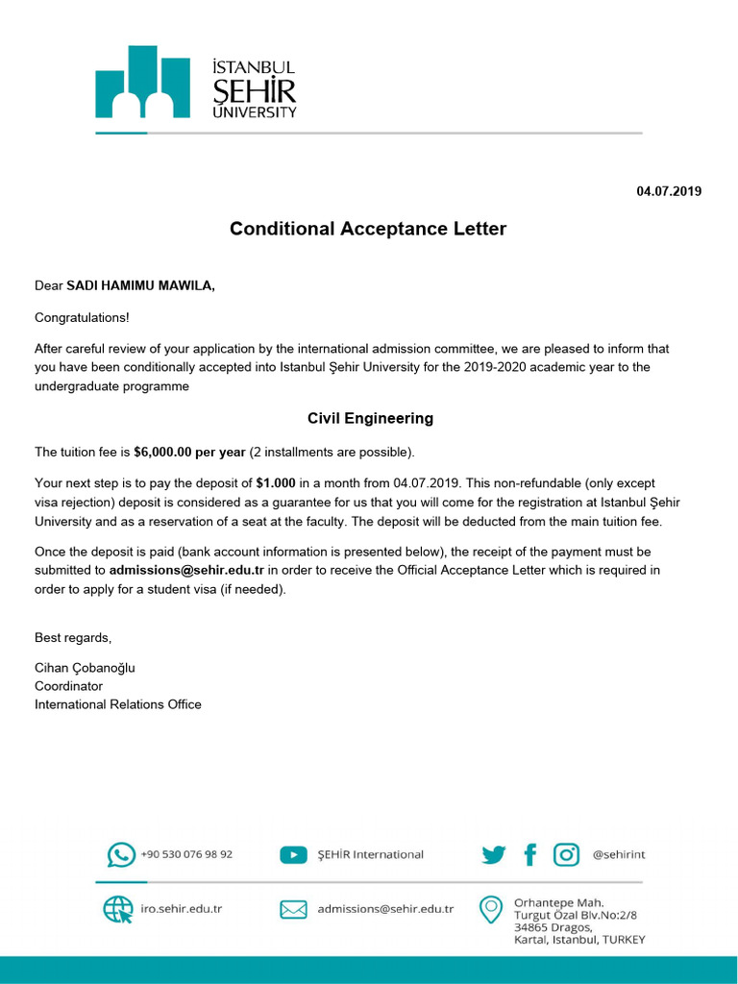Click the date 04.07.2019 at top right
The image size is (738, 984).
coord(669,191)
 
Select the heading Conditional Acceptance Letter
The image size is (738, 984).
coord(368,229)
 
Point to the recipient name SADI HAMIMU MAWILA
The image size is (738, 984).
coord(140,286)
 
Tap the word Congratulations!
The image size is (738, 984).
coord(82,317)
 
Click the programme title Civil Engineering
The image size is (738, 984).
coord(370,418)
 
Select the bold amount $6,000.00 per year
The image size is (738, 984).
coord(189,452)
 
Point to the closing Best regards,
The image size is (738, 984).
coord(73,637)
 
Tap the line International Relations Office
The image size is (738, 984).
coord(118,704)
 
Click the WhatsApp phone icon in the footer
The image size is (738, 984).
coord(121,854)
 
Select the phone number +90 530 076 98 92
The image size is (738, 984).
coord(186,854)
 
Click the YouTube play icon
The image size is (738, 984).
coord(293,854)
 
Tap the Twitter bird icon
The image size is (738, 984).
coord(494,854)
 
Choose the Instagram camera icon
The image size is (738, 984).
coord(567,854)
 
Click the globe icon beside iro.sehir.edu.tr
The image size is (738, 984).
coord(118,909)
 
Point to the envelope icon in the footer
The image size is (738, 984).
coord(293,909)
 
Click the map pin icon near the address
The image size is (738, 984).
coord(491,909)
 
